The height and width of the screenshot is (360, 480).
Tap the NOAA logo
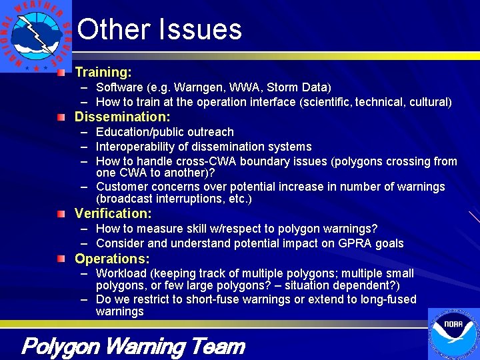[453, 333]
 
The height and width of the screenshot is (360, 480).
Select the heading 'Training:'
[103, 71]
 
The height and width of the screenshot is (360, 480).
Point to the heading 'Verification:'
[113, 213]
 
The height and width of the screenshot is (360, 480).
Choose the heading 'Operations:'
[112, 259]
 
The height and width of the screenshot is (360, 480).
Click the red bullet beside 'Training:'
[61, 71]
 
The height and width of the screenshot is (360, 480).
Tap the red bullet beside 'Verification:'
[61, 213]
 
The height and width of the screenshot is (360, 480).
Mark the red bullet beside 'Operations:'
[61, 259]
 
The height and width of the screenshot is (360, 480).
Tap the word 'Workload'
[121, 273]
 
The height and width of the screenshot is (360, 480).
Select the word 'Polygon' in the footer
[61, 347]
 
